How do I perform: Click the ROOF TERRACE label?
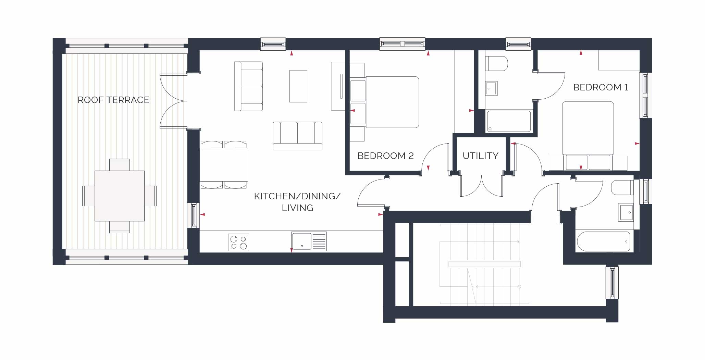click(113, 100)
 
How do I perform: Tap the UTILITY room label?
click(480, 156)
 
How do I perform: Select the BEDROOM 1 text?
click(601, 87)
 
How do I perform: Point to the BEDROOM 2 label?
click(385, 156)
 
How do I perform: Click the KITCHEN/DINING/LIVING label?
click(297, 202)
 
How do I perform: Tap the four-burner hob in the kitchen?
click(239, 242)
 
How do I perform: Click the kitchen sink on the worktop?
click(309, 241)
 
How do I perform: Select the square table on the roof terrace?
click(120, 196)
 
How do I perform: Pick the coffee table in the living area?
click(298, 86)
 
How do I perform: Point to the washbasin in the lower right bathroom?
click(626, 212)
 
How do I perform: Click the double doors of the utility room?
click(481, 186)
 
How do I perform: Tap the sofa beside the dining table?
click(297, 136)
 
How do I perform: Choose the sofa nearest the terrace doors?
click(248, 86)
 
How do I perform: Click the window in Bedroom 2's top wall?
click(403, 44)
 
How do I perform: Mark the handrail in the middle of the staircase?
click(484, 264)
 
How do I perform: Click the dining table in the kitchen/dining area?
click(224, 165)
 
